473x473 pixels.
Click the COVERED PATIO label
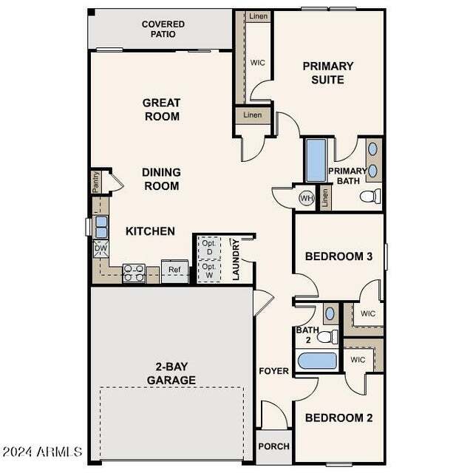pos(163,30)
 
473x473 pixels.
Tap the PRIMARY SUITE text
pos(328,72)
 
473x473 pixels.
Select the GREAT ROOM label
pos(161,109)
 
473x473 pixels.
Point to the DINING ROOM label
pos(161,179)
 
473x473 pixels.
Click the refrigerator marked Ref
pos(174,270)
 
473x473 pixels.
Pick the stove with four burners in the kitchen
pos(134,273)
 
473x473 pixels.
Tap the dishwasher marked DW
pos(101,249)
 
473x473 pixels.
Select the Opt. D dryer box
pos(208,248)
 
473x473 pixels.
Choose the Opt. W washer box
pos(208,270)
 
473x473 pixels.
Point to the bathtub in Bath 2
pos(319,361)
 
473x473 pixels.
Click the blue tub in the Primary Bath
pos(316,159)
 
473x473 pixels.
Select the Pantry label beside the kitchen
pos(96,183)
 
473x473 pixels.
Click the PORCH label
pos(273,446)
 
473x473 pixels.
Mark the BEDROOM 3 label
pos(338,256)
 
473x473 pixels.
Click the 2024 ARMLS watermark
pos(42,451)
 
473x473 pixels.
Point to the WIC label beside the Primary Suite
pos(257,63)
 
